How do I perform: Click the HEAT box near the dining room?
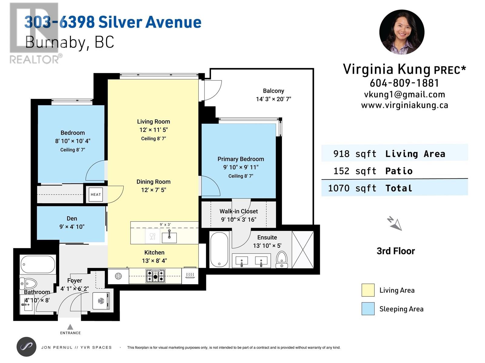click(x=96, y=195)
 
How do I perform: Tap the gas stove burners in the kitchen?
click(x=155, y=276)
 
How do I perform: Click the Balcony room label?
click(x=273, y=91)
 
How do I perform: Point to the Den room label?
click(x=72, y=218)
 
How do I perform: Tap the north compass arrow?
click(x=395, y=224)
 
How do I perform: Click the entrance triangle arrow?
click(x=70, y=327)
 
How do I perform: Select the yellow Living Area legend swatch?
click(x=368, y=290)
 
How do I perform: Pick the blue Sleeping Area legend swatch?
click(x=368, y=309)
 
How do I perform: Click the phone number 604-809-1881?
click(x=404, y=83)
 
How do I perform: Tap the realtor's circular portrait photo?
click(x=402, y=32)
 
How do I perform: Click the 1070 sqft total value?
click(x=352, y=188)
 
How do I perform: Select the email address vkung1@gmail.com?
click(x=404, y=95)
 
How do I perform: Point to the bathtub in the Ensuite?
click(x=219, y=250)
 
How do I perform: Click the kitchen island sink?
click(x=169, y=237)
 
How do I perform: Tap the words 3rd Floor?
click(x=396, y=251)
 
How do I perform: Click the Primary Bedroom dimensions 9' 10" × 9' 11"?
click(x=241, y=167)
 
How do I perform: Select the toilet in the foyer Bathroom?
click(x=28, y=283)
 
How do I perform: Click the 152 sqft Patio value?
click(x=355, y=171)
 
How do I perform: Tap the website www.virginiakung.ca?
click(x=405, y=105)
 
